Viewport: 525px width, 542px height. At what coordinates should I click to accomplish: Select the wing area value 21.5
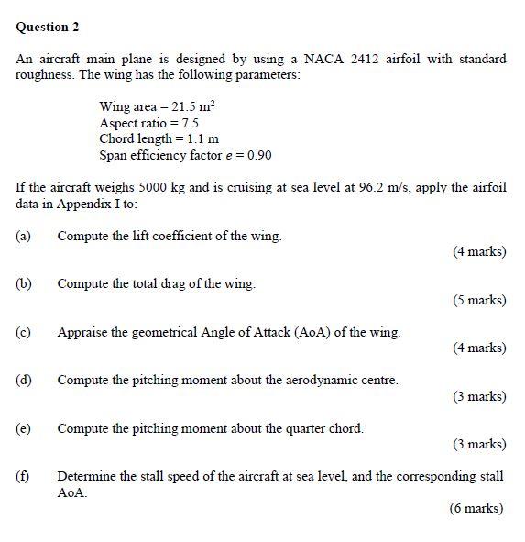pyautogui.click(x=185, y=107)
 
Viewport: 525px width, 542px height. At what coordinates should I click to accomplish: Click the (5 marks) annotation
pyautogui.click(x=479, y=300)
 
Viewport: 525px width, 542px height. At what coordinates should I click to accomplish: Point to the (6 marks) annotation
pyautogui.click(x=476, y=508)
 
